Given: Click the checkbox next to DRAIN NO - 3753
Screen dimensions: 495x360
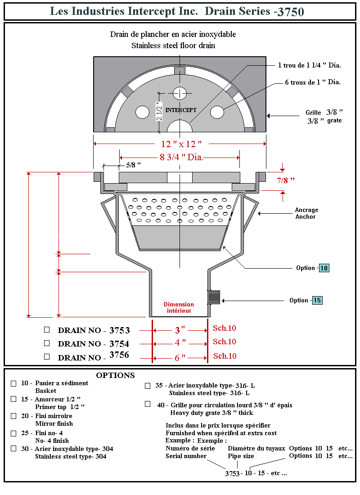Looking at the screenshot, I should (x=47, y=329).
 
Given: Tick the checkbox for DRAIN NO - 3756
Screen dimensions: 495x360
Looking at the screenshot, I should (x=47, y=356).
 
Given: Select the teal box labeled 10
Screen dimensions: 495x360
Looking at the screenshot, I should (x=324, y=268).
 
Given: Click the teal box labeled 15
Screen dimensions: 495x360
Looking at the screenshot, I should (x=317, y=301).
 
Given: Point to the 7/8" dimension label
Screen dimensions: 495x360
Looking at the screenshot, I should (x=285, y=180).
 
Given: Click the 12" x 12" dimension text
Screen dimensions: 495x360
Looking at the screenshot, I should (x=181, y=144).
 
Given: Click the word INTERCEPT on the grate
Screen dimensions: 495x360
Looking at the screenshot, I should (x=181, y=110).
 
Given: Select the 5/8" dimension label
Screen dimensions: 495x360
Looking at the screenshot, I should (x=133, y=165).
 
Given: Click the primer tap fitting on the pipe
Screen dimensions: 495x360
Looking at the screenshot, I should (x=213, y=297).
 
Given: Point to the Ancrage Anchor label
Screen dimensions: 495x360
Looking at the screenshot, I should (x=306, y=213).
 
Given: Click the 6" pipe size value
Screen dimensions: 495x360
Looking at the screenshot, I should (x=180, y=358).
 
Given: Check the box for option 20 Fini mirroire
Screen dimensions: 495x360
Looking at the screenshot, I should (x=13, y=416).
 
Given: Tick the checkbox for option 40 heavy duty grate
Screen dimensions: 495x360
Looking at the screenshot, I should (x=148, y=404).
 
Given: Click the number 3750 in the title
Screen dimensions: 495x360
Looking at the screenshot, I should (x=291, y=12).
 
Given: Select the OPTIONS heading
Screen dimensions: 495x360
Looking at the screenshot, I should (x=115, y=375).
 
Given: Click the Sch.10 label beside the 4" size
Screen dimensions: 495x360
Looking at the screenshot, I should (x=225, y=342).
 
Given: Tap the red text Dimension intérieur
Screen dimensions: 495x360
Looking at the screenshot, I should (x=179, y=308).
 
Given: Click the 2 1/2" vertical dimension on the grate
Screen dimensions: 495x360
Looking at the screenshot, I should (x=159, y=111).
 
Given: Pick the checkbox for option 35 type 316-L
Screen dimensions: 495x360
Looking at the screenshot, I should (x=148, y=386).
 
